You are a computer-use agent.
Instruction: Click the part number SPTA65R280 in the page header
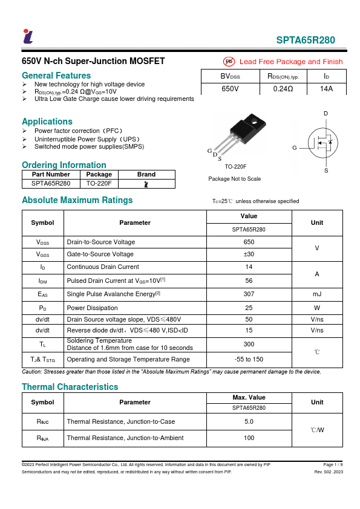coord(306,41)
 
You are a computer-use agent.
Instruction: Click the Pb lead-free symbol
coord(229,62)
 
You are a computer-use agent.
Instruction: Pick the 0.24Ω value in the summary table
coord(283,89)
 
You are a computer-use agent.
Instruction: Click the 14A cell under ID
coord(326,89)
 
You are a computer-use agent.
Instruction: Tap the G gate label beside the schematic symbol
coord(294,148)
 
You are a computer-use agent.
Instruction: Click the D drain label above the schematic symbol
coord(326,114)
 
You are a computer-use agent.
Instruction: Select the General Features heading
coord(56,76)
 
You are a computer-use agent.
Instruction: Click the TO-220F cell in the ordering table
coord(99,183)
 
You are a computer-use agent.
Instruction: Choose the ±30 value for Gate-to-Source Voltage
coord(249,254)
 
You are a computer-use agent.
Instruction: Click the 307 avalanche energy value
coord(249,293)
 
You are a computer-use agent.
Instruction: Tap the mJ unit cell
coord(316,293)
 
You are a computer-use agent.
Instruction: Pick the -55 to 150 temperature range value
coord(249,359)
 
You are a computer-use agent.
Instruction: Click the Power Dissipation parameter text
coord(91,306)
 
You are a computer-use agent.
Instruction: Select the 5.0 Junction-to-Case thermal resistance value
coord(249,421)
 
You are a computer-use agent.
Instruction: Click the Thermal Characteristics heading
coord(70,387)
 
